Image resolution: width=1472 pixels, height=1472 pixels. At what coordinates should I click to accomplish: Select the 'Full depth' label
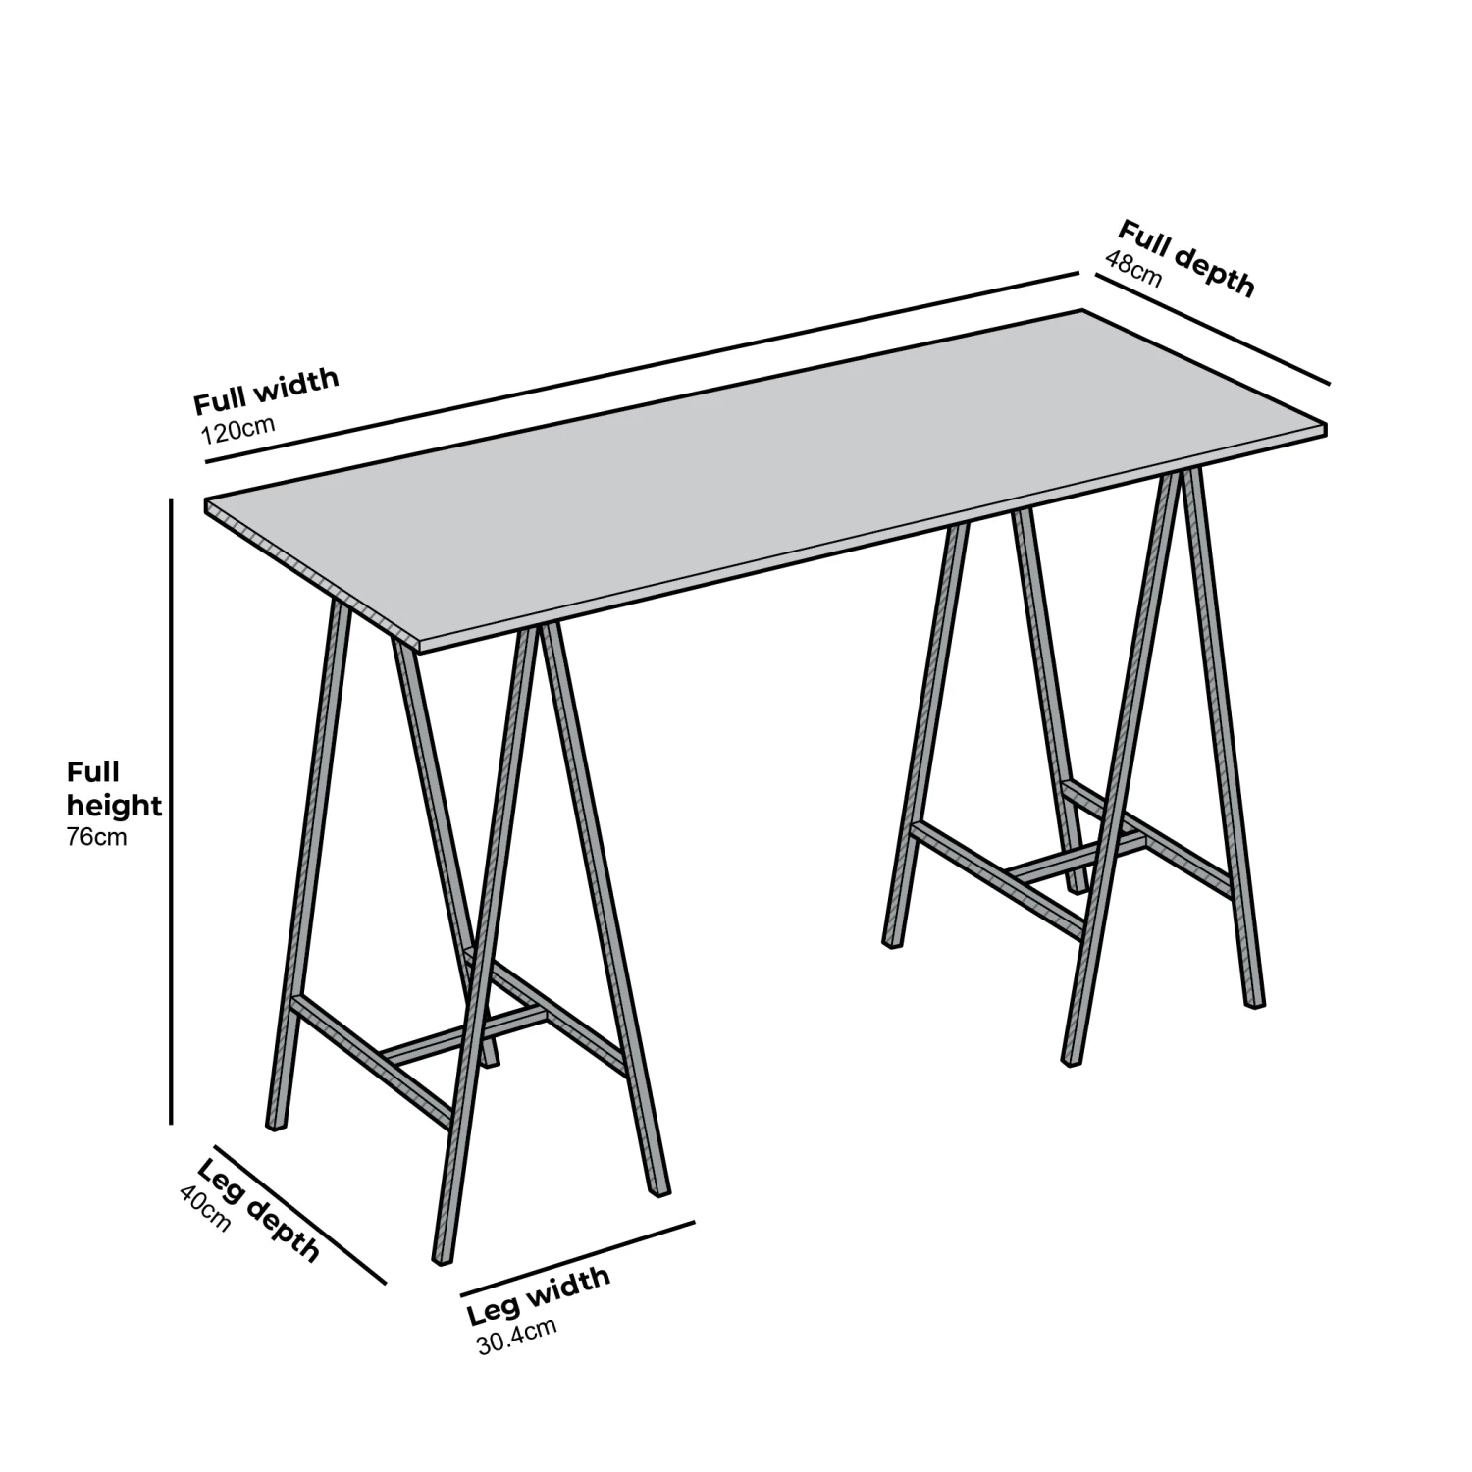(1185, 258)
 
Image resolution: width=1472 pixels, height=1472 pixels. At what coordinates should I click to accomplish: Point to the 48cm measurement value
(1133, 269)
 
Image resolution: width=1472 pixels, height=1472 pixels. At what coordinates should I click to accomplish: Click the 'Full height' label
(112, 789)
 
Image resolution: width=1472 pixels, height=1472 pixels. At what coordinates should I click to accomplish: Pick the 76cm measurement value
(96, 838)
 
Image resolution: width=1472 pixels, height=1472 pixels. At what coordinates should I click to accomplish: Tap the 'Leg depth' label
(259, 1209)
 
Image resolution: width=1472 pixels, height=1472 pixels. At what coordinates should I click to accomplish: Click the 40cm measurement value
(205, 1208)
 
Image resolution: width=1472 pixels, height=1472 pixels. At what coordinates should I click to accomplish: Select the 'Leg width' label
(538, 1295)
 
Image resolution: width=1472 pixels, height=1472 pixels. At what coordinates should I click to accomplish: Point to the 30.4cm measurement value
(517, 1337)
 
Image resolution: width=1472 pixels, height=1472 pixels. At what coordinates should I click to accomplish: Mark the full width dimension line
(643, 368)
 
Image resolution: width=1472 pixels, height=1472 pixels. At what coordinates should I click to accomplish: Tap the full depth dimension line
(1212, 330)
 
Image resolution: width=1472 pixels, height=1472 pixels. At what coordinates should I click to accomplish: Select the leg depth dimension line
(299, 1214)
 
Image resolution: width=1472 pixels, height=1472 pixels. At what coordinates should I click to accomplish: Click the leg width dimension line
(577, 1258)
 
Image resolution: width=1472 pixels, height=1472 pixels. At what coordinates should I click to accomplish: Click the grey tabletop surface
(765, 481)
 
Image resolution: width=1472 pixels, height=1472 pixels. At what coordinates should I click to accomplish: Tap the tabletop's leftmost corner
(206, 502)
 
